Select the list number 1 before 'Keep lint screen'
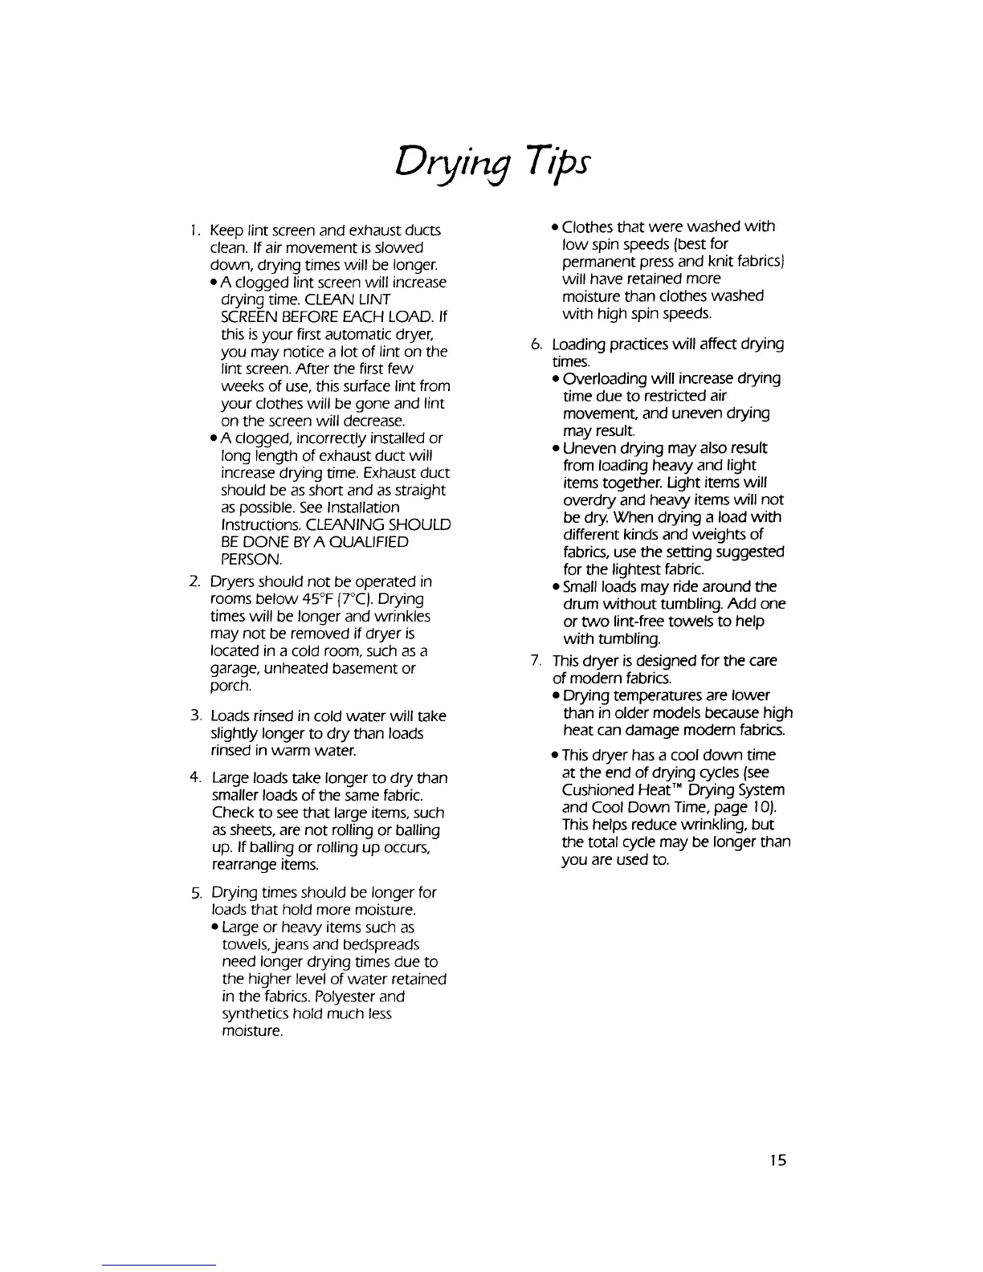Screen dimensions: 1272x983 tap(195, 231)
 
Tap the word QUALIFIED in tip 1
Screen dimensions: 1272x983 tap(365, 542)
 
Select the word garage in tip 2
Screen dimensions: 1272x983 tap(233, 669)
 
